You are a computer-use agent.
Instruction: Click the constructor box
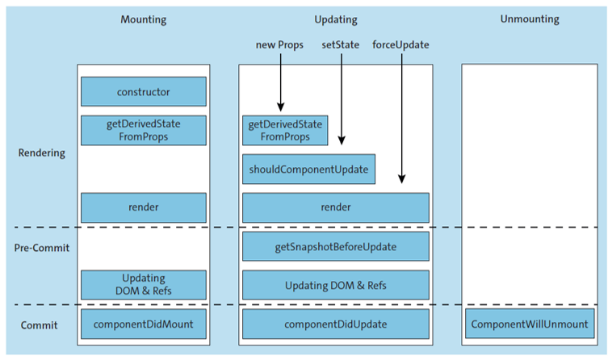tap(143, 91)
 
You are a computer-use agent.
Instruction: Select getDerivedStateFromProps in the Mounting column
tap(143, 130)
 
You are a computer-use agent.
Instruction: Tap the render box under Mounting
tap(143, 207)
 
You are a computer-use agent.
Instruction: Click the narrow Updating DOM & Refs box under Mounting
tap(143, 285)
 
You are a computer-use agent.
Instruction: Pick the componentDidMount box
tap(143, 324)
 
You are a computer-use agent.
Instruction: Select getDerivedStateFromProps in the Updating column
tap(285, 130)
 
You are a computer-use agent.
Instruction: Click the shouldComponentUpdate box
tap(308, 170)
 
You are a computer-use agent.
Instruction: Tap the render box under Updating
tap(336, 207)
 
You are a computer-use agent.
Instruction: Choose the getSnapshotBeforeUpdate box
tap(336, 246)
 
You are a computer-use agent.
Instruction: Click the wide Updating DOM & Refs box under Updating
tap(336, 285)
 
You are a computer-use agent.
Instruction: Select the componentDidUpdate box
tap(336, 324)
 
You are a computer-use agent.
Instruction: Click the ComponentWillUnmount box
tap(530, 324)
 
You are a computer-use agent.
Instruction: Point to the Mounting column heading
tap(143, 19)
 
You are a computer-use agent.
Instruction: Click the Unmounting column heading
tap(530, 19)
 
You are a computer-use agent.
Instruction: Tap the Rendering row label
tap(41, 153)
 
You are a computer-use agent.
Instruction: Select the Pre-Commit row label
tap(43, 248)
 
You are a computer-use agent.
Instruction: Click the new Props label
tap(279, 45)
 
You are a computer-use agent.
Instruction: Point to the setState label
tap(341, 45)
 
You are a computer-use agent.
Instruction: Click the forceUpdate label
tap(400, 45)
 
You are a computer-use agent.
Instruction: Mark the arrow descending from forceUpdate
tap(401, 121)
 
